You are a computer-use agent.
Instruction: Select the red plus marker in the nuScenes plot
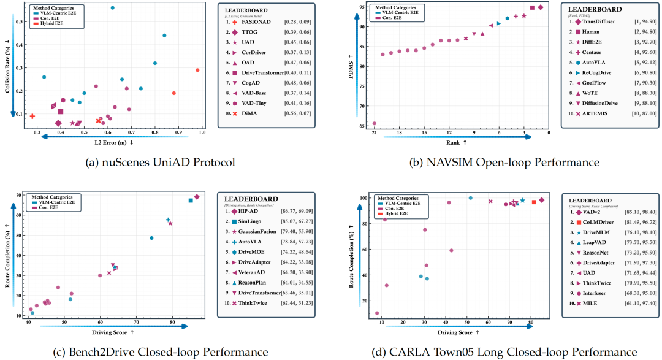(32, 116)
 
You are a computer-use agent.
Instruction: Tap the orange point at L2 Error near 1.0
(197, 70)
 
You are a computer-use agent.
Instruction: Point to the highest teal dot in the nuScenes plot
(112, 7)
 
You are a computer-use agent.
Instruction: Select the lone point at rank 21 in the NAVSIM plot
(375, 123)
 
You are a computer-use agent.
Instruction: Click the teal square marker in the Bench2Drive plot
(191, 201)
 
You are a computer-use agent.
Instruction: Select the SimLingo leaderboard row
(254, 221)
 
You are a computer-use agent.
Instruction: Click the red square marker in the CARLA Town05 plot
(534, 202)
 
